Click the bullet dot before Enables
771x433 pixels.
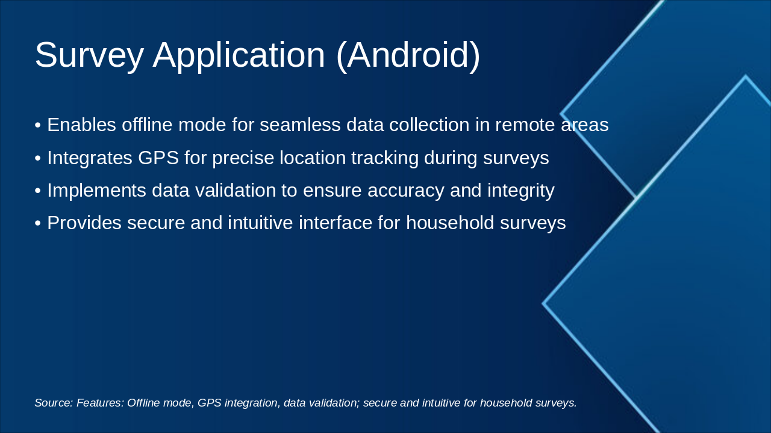pos(38,125)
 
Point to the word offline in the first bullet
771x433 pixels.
pos(147,124)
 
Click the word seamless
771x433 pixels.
pos(300,124)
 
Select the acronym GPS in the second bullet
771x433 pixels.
pos(158,158)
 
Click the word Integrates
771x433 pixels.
pos(90,158)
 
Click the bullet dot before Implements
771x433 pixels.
pos(38,191)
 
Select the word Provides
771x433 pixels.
pos(84,223)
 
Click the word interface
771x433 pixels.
pos(336,223)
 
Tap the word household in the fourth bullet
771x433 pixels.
pos(450,223)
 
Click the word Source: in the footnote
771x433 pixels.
pos(54,403)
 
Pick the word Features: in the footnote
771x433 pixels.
pos(100,403)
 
